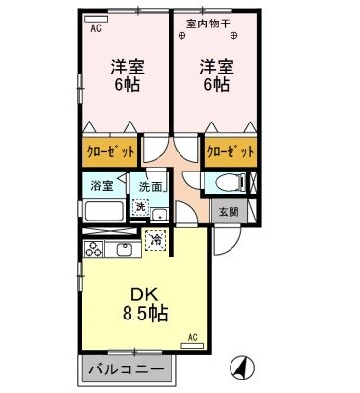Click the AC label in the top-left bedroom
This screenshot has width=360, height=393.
[x=96, y=29]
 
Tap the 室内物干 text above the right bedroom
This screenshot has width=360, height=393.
[x=207, y=22]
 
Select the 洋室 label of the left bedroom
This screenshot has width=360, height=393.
[x=126, y=66]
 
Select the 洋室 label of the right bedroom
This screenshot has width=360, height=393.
[x=217, y=66]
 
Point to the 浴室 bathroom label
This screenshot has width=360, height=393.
[x=102, y=184]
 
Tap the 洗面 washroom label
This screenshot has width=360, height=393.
[x=150, y=186]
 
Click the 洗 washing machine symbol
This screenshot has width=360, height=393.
[x=140, y=206]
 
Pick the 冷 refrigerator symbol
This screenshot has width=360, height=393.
[x=155, y=238]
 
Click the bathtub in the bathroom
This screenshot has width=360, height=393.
[x=104, y=211]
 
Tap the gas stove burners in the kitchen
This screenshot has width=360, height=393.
[x=94, y=248]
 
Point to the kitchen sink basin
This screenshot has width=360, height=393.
[x=125, y=248]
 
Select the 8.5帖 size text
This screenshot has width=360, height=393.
[x=144, y=314]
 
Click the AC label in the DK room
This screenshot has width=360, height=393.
[x=192, y=338]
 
